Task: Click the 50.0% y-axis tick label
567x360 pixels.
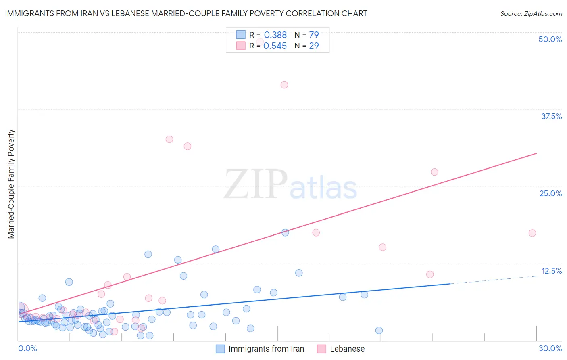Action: pyautogui.click(x=550, y=39)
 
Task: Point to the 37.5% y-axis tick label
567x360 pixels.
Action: pyautogui.click(x=551, y=116)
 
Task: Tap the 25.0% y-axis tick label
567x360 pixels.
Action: pyautogui.click(x=550, y=193)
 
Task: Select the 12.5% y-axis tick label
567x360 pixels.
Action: pyautogui.click(x=551, y=271)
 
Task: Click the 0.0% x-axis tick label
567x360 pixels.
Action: pyautogui.click(x=27, y=348)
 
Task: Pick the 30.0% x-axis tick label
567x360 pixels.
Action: pyautogui.click(x=550, y=348)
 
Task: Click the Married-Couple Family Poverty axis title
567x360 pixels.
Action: pyautogui.click(x=11, y=184)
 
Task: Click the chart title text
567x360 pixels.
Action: pyautogui.click(x=186, y=13)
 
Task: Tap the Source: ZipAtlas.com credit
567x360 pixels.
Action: pyautogui.click(x=531, y=13)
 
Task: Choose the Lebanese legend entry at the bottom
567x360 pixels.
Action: pyautogui.click(x=347, y=349)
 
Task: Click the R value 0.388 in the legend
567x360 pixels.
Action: pyautogui.click(x=275, y=35)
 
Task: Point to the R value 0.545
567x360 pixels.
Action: pyautogui.click(x=275, y=46)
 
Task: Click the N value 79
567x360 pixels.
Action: pyautogui.click(x=314, y=35)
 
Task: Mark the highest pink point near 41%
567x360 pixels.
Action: pyautogui.click(x=284, y=85)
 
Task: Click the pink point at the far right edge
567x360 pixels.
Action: pyautogui.click(x=532, y=233)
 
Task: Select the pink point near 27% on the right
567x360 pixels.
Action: pyautogui.click(x=434, y=172)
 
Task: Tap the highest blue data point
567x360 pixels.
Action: pyautogui.click(x=285, y=232)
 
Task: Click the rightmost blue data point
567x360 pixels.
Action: pyautogui.click(x=379, y=331)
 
